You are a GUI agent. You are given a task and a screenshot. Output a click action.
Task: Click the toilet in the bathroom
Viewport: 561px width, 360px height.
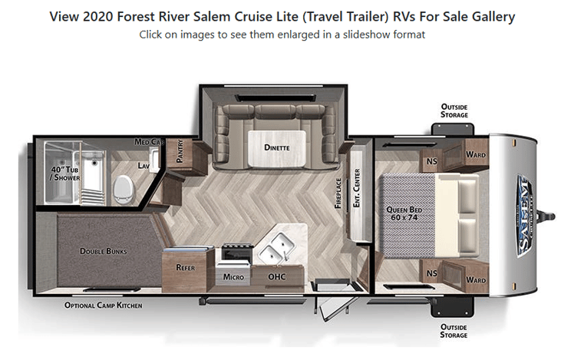click(123, 187)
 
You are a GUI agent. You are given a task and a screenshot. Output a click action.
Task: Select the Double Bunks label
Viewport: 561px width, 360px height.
click(104, 251)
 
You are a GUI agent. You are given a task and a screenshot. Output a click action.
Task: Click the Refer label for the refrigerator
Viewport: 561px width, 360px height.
click(185, 268)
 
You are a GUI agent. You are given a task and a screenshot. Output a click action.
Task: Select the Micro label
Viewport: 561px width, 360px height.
click(233, 276)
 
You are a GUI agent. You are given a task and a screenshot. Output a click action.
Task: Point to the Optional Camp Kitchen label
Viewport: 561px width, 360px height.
click(103, 305)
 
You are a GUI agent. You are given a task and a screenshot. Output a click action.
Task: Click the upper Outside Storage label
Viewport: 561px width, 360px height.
click(454, 111)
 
